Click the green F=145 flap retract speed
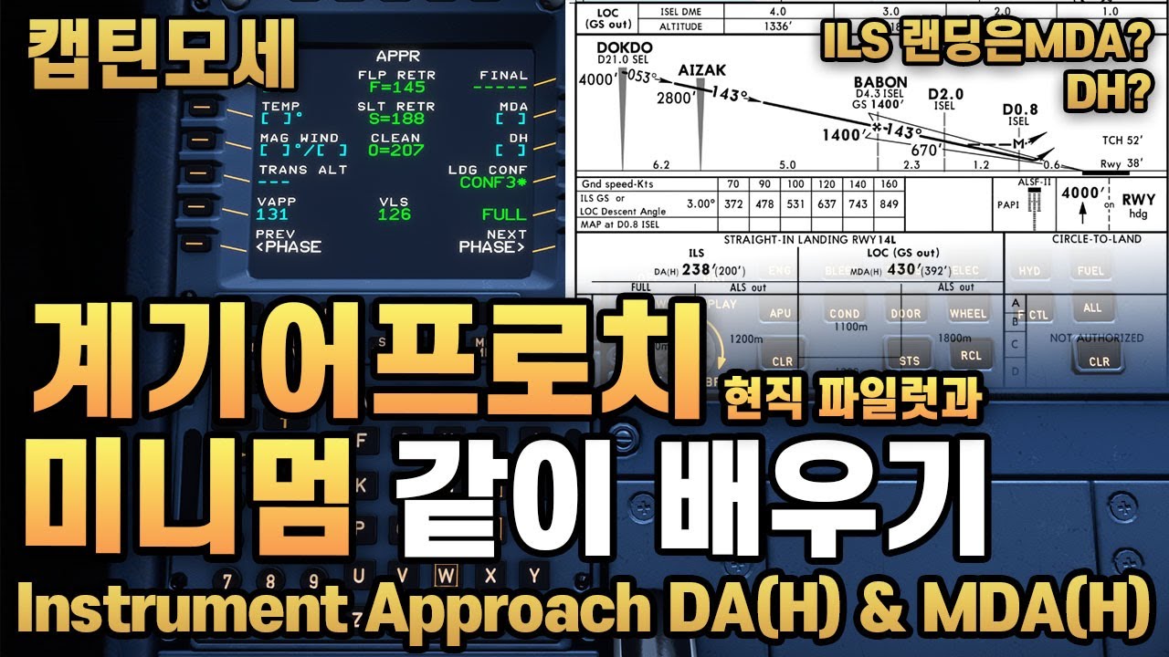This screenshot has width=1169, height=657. point(385,89)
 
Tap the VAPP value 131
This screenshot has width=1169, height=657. point(272,214)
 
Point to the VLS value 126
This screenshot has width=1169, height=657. point(395,214)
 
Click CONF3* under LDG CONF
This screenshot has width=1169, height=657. point(493,182)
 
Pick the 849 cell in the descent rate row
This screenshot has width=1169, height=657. point(887,203)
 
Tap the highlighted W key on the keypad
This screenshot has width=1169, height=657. point(446,575)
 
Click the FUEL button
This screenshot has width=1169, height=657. point(1090,271)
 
